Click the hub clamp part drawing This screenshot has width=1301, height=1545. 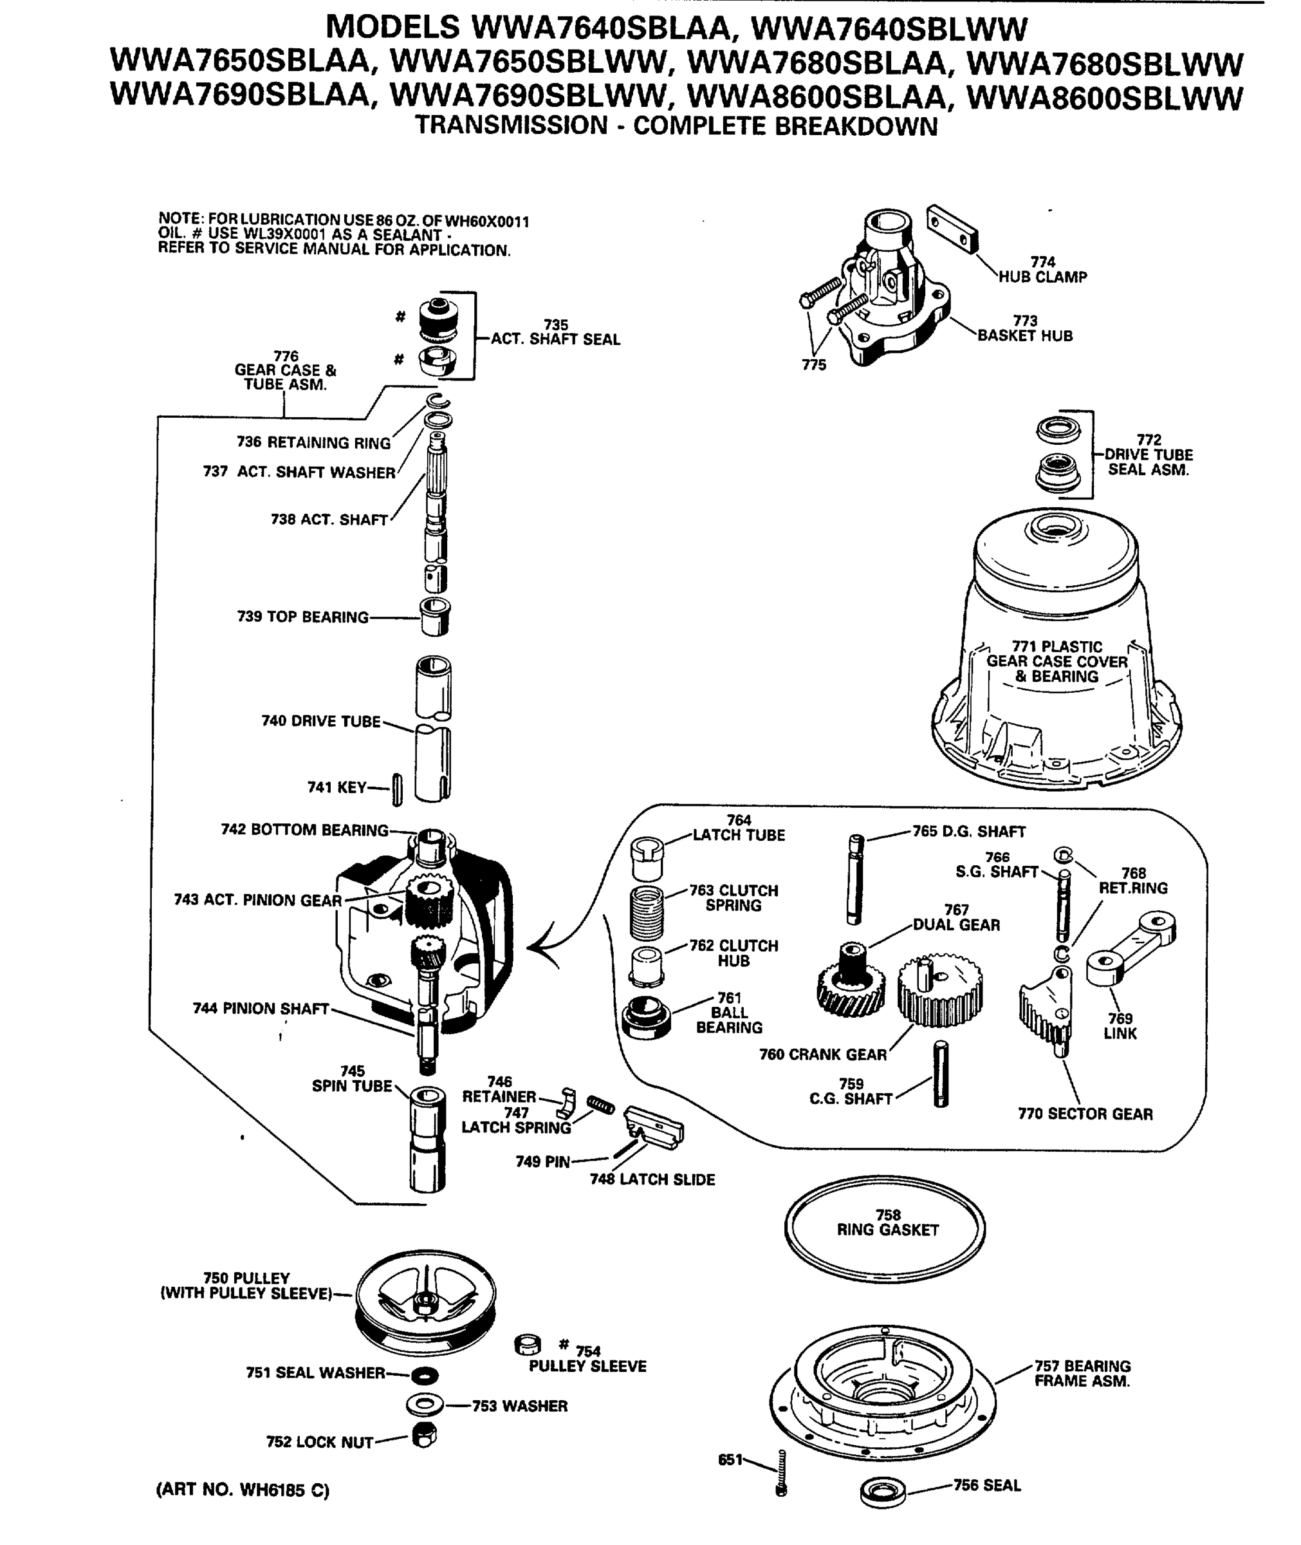[x=952, y=229]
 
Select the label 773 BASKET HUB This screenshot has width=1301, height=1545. [x=1024, y=329]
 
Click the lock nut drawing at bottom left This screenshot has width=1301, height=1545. [x=424, y=1435]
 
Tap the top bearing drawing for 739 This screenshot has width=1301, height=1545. [x=435, y=616]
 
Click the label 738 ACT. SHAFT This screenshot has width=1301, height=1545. [x=329, y=520]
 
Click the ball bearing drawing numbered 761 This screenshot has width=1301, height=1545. [x=646, y=1016]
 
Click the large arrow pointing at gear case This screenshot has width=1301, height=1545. [x=549, y=948]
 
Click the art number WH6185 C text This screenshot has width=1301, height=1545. [x=243, y=1490]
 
